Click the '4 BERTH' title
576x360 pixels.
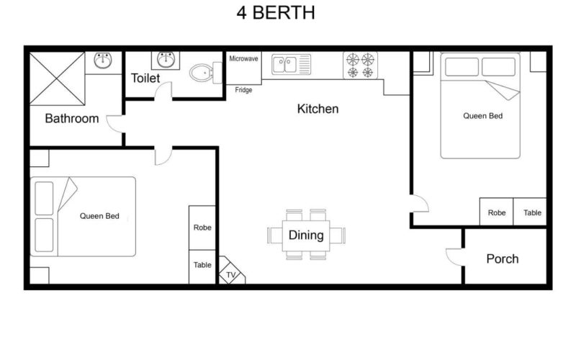point(276,14)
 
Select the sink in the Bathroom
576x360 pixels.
point(105,62)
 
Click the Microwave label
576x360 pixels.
point(243,58)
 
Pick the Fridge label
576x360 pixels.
point(243,90)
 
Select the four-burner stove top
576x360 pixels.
point(360,65)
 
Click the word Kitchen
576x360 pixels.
point(318,109)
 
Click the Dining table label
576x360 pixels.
point(306,235)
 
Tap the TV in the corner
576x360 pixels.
point(231,274)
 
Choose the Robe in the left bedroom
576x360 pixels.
point(202,228)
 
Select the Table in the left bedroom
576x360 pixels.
point(202,265)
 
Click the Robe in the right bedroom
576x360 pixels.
point(497,212)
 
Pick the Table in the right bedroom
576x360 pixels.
point(532,212)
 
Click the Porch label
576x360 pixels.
point(502,259)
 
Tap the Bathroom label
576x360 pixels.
point(72,119)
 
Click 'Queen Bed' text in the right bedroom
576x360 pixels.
point(482,115)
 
